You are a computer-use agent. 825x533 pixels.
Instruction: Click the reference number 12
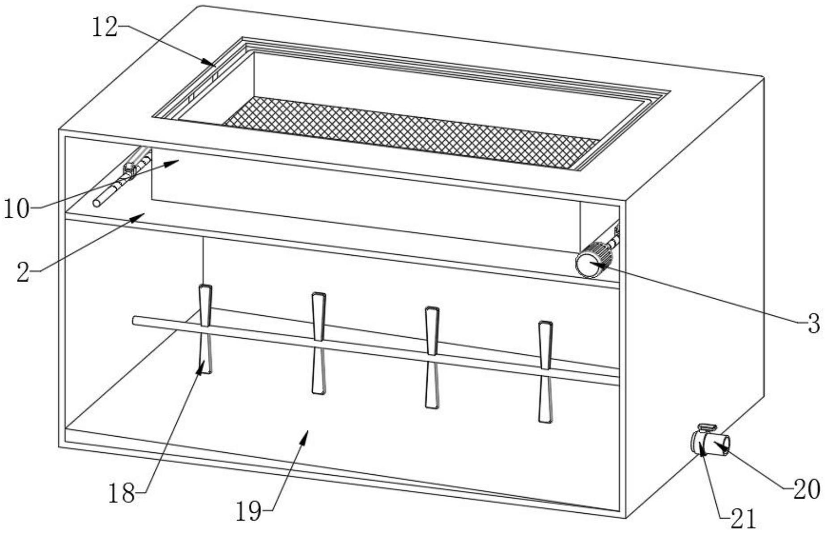click(105, 28)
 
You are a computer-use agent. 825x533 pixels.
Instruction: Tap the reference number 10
click(17, 209)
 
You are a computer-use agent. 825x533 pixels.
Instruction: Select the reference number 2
click(23, 272)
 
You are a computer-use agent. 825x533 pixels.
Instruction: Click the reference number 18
click(122, 494)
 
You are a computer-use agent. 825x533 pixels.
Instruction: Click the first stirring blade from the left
click(204, 329)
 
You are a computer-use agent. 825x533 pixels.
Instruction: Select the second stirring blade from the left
click(319, 344)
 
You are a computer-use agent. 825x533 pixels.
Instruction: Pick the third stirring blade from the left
click(432, 357)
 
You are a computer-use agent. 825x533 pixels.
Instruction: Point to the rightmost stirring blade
click(545, 372)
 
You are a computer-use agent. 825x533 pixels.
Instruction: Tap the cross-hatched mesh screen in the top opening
click(411, 133)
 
